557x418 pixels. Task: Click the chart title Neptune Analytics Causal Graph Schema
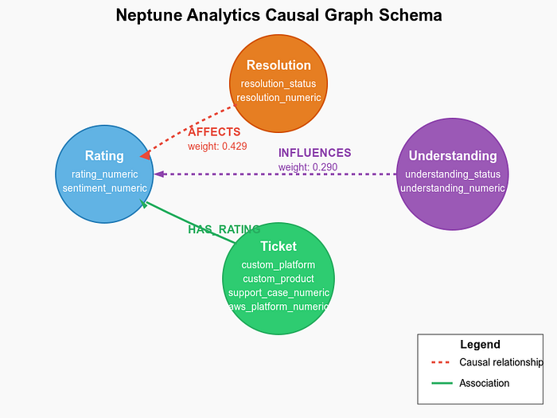pyautogui.click(x=278, y=15)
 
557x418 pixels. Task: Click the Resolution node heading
pyautogui.click(x=278, y=65)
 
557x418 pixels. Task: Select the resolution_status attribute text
pyautogui.click(x=278, y=84)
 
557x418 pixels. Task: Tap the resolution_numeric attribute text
pyautogui.click(x=278, y=98)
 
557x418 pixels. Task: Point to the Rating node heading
pyautogui.click(x=104, y=156)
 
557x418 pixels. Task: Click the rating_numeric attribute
pyautogui.click(x=105, y=174)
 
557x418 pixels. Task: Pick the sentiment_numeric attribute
pyautogui.click(x=105, y=189)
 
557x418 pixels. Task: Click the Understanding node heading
pyautogui.click(x=453, y=156)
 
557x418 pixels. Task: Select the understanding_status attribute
pyautogui.click(x=453, y=174)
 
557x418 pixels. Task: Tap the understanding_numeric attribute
pyautogui.click(x=453, y=189)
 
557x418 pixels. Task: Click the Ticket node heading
pyautogui.click(x=278, y=246)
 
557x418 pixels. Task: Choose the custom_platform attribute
pyautogui.click(x=278, y=265)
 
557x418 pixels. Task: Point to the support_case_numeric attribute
pyautogui.click(x=278, y=293)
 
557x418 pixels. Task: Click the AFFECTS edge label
pyautogui.click(x=214, y=132)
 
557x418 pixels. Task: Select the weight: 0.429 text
pyautogui.click(x=217, y=146)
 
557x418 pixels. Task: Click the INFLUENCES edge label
pyautogui.click(x=315, y=153)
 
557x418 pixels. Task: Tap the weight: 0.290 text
pyautogui.click(x=308, y=167)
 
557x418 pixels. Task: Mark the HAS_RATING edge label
pyautogui.click(x=224, y=229)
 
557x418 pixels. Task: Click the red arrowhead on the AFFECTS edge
pyautogui.click(x=146, y=155)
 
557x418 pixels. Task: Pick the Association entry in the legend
pyautogui.click(x=484, y=383)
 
